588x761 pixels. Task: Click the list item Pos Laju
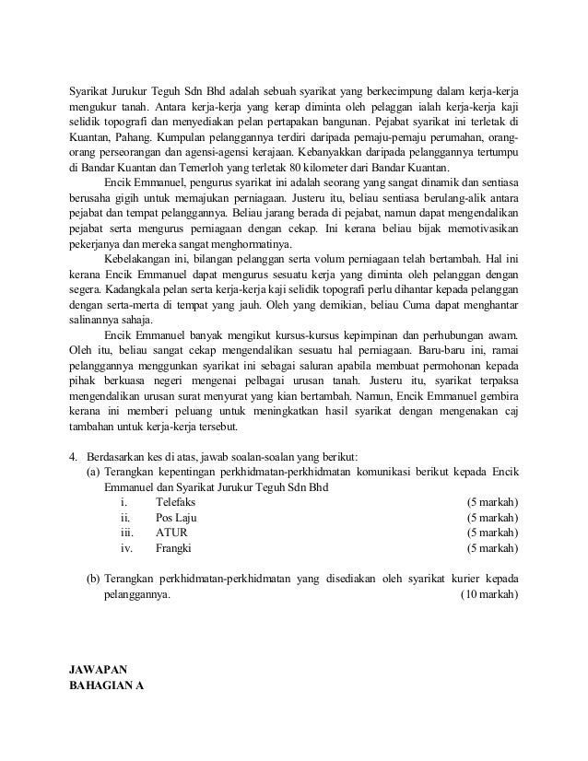point(177,518)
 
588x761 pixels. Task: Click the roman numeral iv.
point(126,549)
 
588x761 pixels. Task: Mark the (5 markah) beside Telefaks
point(492,502)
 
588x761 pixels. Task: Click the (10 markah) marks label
point(489,594)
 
